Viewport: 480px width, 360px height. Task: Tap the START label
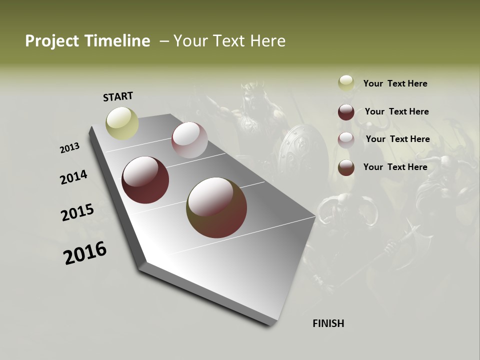pyautogui.click(x=118, y=96)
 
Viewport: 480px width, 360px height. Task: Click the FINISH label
pyautogui.click(x=328, y=323)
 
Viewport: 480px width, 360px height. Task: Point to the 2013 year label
pyautogui.click(x=69, y=148)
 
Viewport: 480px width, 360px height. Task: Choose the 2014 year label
pyautogui.click(x=73, y=177)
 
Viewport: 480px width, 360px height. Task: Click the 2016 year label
pyautogui.click(x=85, y=253)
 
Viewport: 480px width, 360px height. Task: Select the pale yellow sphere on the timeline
pyautogui.click(x=122, y=123)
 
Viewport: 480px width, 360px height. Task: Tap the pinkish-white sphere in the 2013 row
pyautogui.click(x=189, y=140)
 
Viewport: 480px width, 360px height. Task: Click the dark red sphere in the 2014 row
pyautogui.click(x=145, y=180)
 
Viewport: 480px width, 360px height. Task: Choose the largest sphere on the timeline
pyautogui.click(x=216, y=207)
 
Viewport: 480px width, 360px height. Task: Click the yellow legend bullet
pyautogui.click(x=346, y=83)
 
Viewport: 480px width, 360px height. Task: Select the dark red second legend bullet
pyautogui.click(x=346, y=112)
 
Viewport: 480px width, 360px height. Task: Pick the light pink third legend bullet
pyautogui.click(x=346, y=140)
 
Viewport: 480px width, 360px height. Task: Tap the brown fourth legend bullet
pyautogui.click(x=346, y=167)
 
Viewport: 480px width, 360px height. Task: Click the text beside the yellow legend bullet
pyautogui.click(x=395, y=83)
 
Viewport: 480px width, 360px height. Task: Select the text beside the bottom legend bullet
pyautogui.click(x=395, y=167)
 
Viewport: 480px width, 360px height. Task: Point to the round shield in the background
pyautogui.click(x=300, y=150)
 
